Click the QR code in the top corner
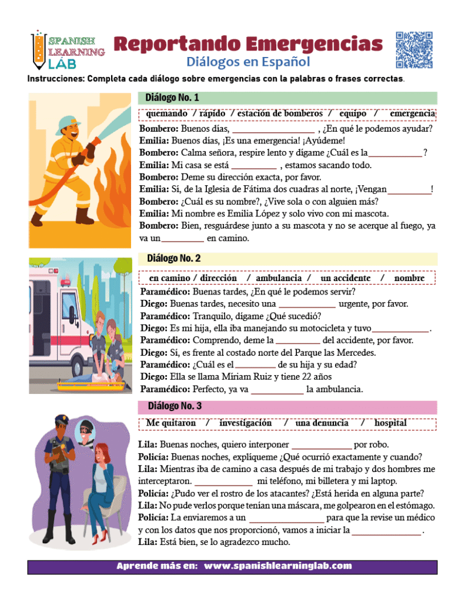pos(414,49)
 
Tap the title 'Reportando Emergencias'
pos(247,44)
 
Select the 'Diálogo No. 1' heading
pos(173,98)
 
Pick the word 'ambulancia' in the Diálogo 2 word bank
pos(279,277)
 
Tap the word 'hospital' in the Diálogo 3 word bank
pos(390,423)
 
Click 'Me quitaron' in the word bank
pos(171,423)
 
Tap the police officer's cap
pos(63,422)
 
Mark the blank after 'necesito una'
pos(306,304)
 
